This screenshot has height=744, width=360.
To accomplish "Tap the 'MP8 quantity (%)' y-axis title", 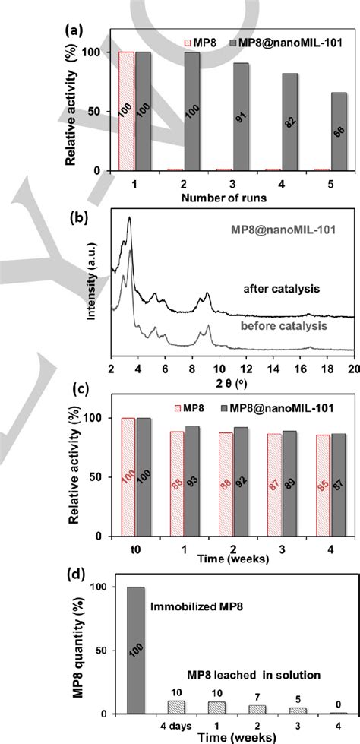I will click(77, 651).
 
